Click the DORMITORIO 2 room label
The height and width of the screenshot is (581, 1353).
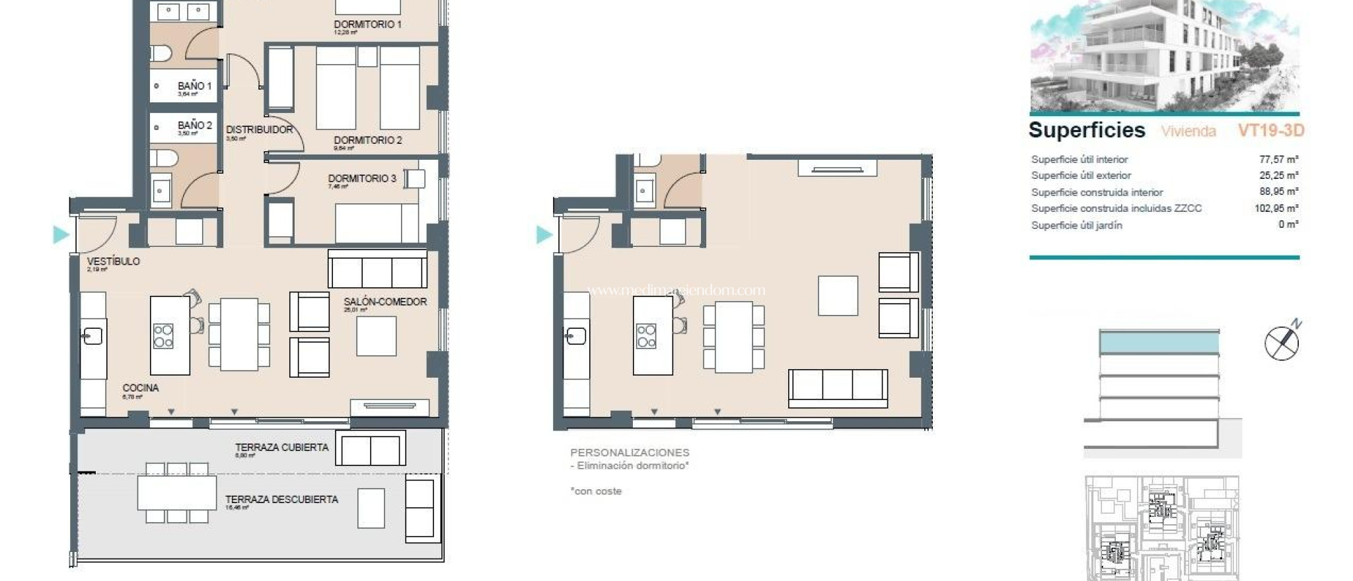coord(367,140)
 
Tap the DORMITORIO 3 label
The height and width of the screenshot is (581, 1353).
coord(362,178)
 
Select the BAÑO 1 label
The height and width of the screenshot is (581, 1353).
coord(194,86)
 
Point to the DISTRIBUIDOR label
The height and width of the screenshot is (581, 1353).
coord(259,129)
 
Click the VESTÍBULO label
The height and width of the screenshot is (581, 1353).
coord(113,261)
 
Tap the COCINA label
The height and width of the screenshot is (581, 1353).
coord(140,388)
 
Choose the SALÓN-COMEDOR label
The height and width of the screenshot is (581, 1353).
coord(385,302)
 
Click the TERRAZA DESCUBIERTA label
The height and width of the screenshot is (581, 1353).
coord(281,500)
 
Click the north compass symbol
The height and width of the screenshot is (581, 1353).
coord(1282,343)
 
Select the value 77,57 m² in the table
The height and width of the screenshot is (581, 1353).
coord(1278,159)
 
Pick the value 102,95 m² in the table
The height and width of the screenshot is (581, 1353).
coord(1276,208)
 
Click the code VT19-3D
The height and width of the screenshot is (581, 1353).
coord(1270,130)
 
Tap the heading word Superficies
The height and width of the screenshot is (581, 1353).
coord(1087,130)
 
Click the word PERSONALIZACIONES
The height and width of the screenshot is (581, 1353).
coord(630,452)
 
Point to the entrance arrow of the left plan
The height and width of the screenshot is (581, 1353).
coord(61,234)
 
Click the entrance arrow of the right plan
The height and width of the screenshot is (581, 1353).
coord(544,234)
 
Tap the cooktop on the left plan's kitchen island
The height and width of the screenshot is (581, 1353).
coord(163,336)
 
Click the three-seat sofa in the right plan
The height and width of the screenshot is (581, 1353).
coord(837,387)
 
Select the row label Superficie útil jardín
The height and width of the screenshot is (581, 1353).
coord(1076,225)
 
